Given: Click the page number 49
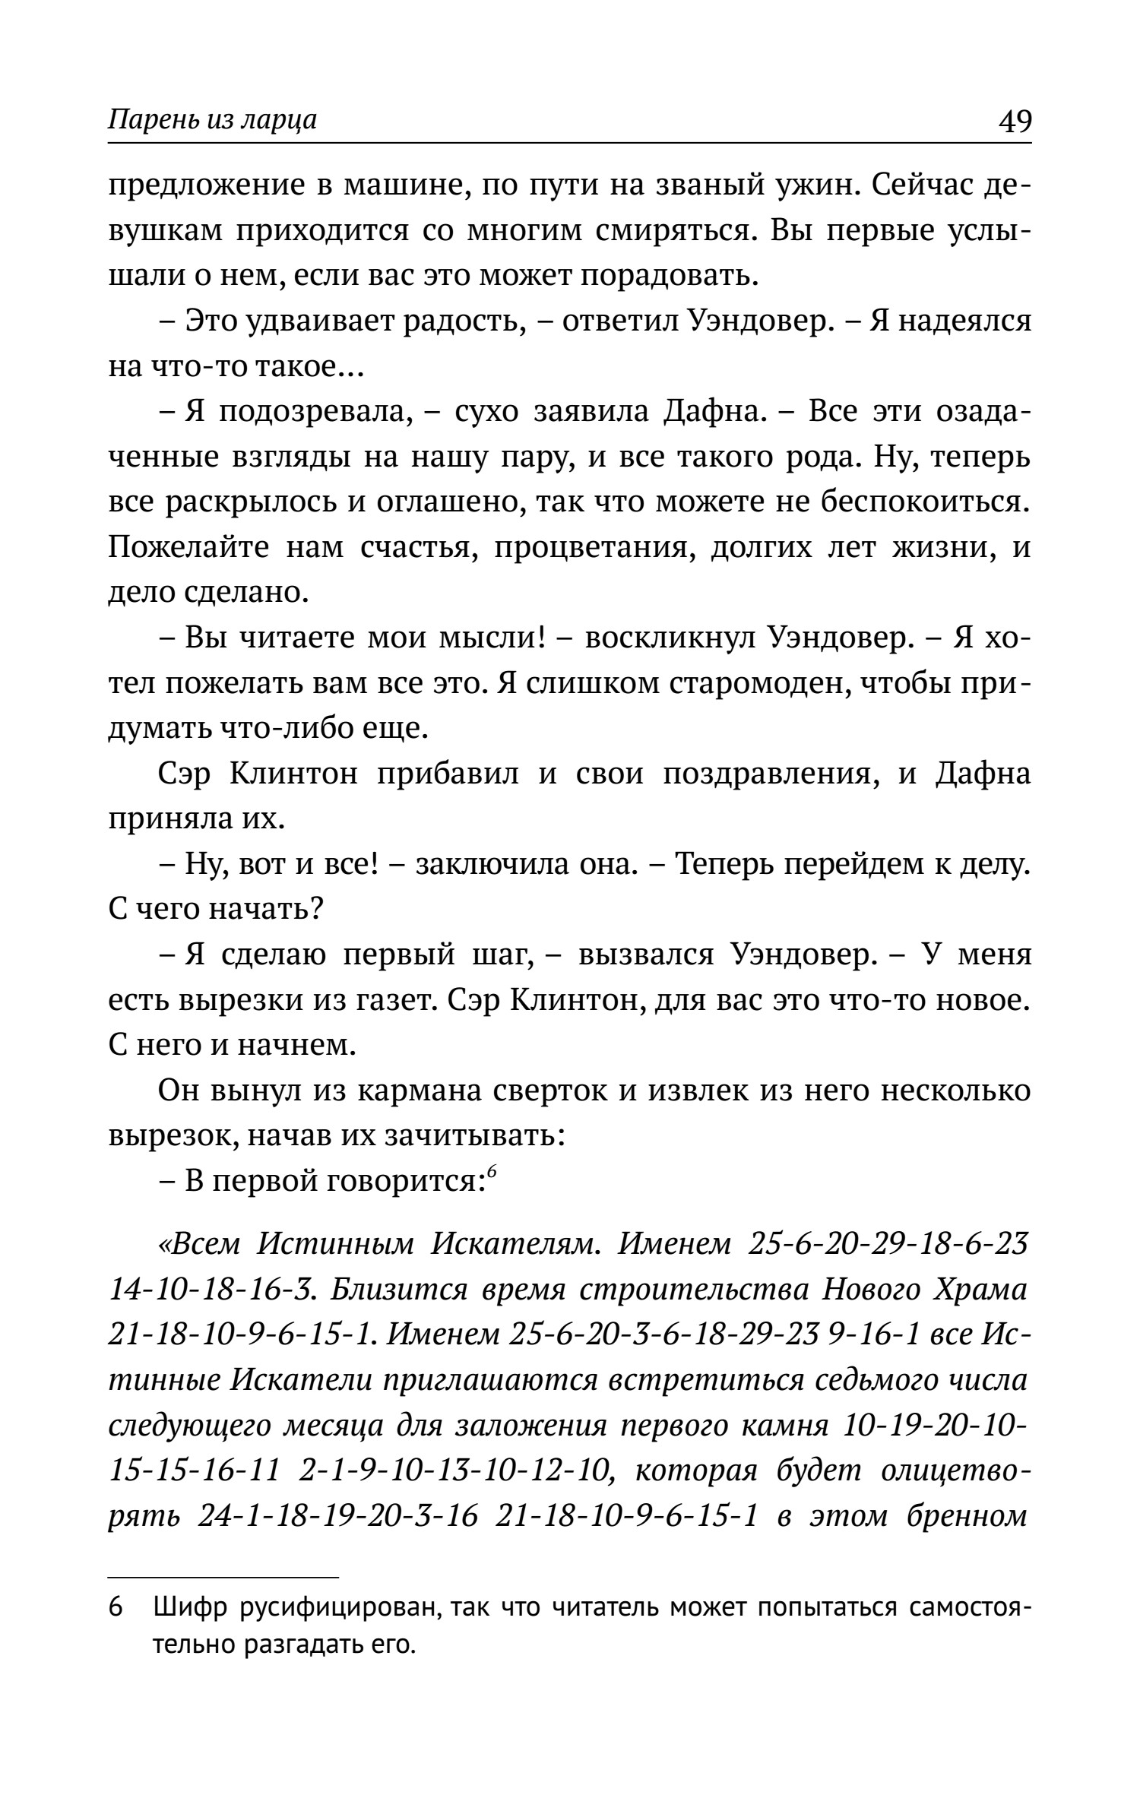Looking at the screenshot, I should [x=1014, y=120].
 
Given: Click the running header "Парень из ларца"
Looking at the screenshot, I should [x=212, y=120].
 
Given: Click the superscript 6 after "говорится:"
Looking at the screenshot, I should [x=492, y=1173].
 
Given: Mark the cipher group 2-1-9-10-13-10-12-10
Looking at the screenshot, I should [x=456, y=1471].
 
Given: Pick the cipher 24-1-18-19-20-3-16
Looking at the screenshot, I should [x=337, y=1515].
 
